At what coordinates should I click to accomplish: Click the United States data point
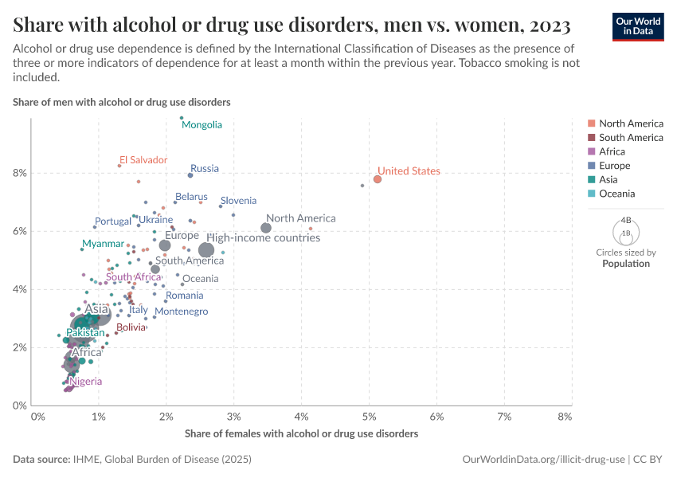tap(378, 179)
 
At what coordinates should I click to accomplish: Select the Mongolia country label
tap(202, 125)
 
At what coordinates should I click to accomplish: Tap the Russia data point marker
tap(190, 175)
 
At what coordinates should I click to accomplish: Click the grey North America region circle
tap(266, 228)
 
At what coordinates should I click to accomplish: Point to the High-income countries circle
tap(206, 250)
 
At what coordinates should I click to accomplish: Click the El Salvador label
tap(143, 160)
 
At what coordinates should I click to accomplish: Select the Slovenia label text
tap(238, 201)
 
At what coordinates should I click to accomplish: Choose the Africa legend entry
tap(612, 151)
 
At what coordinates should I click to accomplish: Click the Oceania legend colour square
tap(591, 194)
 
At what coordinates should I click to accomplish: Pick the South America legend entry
tap(631, 138)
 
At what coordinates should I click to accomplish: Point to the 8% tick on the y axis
tap(19, 173)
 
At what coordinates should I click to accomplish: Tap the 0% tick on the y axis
tap(19, 406)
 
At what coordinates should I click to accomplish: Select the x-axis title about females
tap(301, 434)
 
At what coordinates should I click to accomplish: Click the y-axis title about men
tap(122, 103)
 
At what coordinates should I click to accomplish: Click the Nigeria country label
tap(85, 382)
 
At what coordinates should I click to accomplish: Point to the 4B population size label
tap(625, 221)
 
